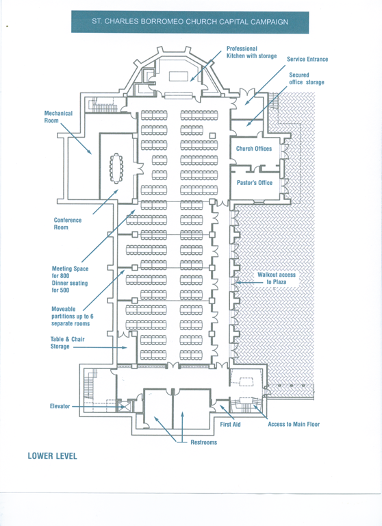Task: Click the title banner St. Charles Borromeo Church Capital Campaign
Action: point(190,22)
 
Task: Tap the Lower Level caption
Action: point(52,456)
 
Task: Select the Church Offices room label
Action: point(254,149)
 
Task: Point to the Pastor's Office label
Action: point(255,182)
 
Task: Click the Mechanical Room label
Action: point(58,116)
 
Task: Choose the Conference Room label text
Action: point(68,223)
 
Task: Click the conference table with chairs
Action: point(116,168)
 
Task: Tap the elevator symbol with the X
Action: point(125,407)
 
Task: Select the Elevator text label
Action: point(60,406)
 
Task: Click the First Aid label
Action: point(230,425)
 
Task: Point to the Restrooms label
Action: point(203,442)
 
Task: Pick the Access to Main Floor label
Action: point(294,424)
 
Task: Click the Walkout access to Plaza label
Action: point(277,279)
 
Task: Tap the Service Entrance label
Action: point(307,59)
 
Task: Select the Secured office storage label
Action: point(307,79)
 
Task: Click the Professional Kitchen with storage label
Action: point(251,52)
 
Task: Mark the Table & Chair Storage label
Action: point(67,343)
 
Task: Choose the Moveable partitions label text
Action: point(73,316)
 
